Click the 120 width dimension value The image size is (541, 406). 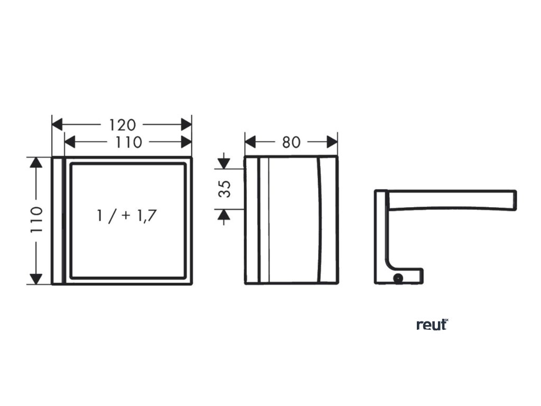pyautogui.click(x=123, y=125)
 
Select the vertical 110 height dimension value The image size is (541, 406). pyautogui.click(x=35, y=220)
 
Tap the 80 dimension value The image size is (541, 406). pyautogui.click(x=291, y=142)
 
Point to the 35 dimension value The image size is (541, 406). pyautogui.click(x=225, y=189)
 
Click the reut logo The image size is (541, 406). pyautogui.click(x=432, y=325)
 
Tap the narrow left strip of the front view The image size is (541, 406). pyautogui.click(x=58, y=220)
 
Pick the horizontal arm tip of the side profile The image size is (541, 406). pyautogui.click(x=511, y=200)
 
